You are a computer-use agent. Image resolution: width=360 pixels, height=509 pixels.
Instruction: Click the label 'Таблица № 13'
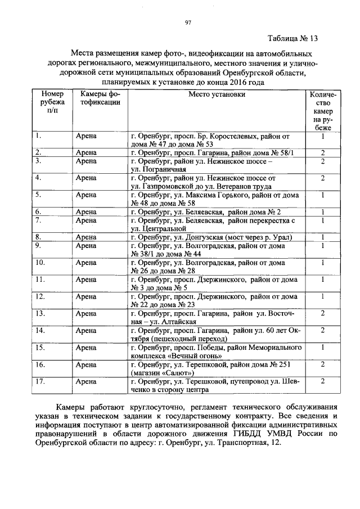click(292, 39)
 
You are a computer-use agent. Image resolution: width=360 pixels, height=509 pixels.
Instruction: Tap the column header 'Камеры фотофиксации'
click(99, 98)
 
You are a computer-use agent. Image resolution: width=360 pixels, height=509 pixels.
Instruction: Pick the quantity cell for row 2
click(323, 152)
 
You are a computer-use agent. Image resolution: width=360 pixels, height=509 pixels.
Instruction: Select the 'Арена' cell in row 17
click(87, 381)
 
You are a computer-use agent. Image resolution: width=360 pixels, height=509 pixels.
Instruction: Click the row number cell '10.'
click(40, 263)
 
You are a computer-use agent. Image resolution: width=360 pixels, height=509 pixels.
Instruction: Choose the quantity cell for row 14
click(323, 330)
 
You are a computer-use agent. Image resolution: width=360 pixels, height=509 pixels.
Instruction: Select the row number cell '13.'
click(40, 313)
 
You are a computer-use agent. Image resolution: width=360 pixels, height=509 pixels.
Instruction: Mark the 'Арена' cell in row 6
click(87, 212)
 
